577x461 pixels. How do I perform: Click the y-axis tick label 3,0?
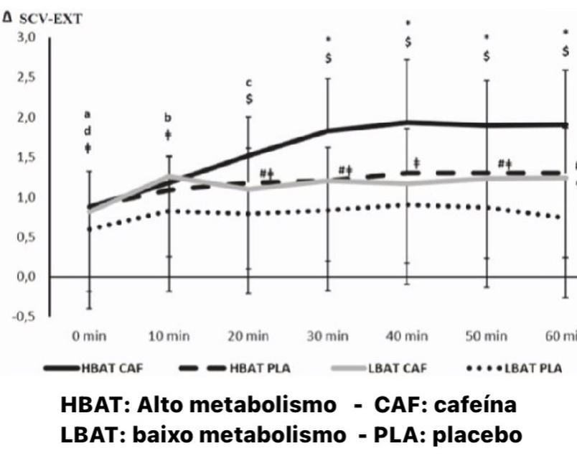(26, 38)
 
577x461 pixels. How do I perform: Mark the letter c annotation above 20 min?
(249, 83)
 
